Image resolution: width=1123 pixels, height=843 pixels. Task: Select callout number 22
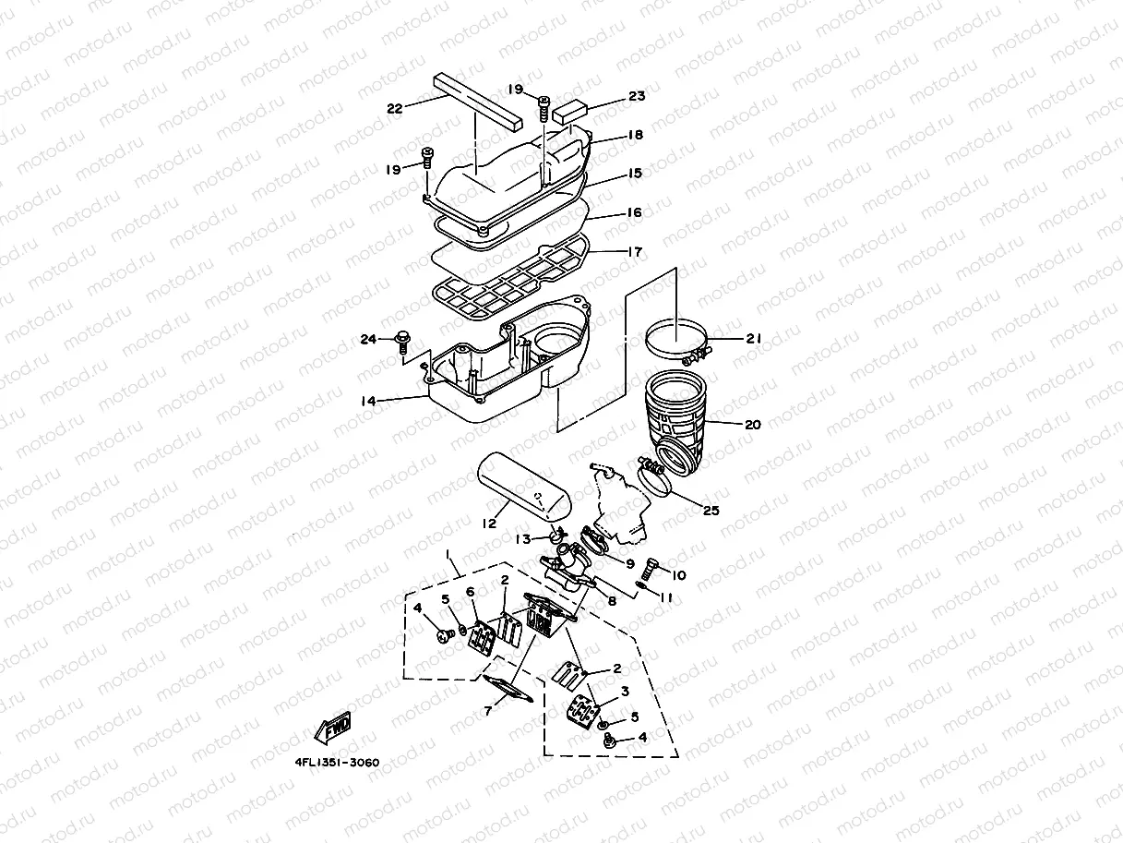click(395, 108)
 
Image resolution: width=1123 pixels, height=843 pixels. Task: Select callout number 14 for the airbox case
click(367, 403)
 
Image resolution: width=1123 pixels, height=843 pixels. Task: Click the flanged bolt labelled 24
click(403, 343)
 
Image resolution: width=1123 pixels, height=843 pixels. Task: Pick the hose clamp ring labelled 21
click(675, 339)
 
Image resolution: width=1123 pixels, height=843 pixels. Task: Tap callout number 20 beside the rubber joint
click(753, 425)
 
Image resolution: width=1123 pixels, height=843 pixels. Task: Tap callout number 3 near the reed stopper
click(625, 691)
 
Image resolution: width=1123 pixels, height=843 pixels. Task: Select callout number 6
click(470, 592)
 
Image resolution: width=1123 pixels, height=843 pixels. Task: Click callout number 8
click(611, 600)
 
